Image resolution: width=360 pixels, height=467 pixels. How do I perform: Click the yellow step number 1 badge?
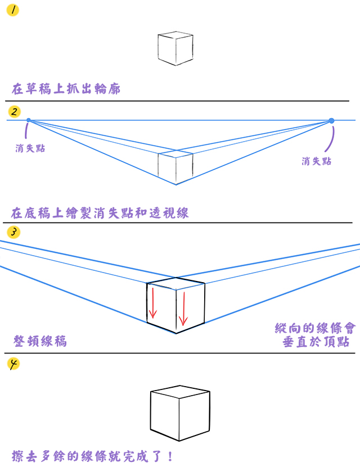(x=12, y=10)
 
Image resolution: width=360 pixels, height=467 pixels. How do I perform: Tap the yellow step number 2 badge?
(x=14, y=112)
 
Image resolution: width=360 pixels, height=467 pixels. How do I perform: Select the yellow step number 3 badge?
(x=13, y=232)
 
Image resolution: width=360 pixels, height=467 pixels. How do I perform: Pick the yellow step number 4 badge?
(x=13, y=364)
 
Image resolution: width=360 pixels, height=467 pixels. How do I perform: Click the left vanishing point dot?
(x=29, y=120)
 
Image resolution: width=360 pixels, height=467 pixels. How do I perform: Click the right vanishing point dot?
(x=331, y=121)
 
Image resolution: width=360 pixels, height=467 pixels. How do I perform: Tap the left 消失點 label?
(x=30, y=148)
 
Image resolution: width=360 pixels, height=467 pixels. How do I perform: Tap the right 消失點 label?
(x=317, y=161)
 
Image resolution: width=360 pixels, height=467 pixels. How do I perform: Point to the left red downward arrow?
(x=153, y=302)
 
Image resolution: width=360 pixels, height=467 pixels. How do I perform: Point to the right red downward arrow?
(x=183, y=309)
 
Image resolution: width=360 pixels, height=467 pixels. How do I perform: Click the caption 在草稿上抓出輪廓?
(x=66, y=89)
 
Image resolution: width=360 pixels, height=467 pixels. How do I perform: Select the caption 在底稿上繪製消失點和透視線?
(x=100, y=213)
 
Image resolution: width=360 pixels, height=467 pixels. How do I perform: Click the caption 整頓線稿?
(x=40, y=341)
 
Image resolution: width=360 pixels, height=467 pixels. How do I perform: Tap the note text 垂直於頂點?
(x=316, y=342)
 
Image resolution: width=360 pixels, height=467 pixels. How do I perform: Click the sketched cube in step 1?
(x=175, y=48)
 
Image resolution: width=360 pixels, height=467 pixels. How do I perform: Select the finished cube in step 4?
(x=180, y=413)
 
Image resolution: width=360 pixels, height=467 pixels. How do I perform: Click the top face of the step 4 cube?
(x=180, y=392)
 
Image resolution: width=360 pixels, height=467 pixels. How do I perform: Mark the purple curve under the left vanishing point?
(x=26, y=131)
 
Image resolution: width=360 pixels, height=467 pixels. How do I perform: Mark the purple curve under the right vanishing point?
(x=330, y=139)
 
